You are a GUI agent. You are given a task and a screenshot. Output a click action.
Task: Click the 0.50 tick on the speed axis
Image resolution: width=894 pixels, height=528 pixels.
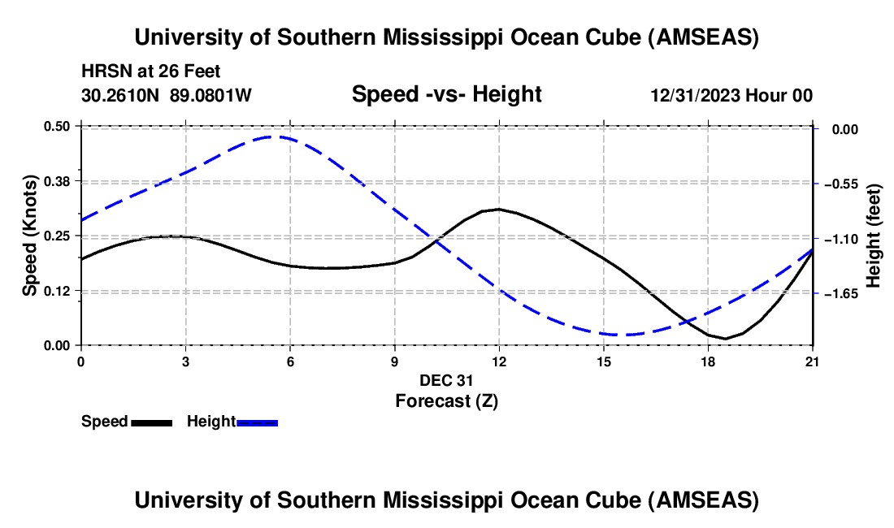pyautogui.click(x=60, y=126)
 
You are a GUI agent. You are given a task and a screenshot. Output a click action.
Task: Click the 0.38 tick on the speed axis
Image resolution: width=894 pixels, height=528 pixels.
pyautogui.click(x=60, y=180)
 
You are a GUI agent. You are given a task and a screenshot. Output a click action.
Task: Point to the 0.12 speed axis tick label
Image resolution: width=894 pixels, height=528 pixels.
pyautogui.click(x=60, y=291)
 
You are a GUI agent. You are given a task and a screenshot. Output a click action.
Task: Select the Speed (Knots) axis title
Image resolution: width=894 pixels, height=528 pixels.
pyautogui.click(x=30, y=236)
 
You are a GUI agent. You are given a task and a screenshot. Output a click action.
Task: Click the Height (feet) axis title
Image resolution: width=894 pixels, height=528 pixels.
pyautogui.click(x=874, y=236)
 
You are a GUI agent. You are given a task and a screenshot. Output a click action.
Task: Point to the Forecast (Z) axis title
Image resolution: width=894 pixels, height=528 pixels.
pyautogui.click(x=446, y=400)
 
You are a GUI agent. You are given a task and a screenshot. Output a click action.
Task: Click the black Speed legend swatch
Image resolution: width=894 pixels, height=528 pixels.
pyautogui.click(x=151, y=422)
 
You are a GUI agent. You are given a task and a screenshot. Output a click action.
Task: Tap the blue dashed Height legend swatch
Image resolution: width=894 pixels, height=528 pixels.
pyautogui.click(x=257, y=422)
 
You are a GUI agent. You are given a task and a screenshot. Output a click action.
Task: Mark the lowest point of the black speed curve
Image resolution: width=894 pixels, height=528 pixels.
pyautogui.click(x=725, y=339)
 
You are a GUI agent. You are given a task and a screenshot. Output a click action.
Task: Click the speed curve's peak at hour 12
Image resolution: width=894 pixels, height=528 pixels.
pyautogui.click(x=498, y=209)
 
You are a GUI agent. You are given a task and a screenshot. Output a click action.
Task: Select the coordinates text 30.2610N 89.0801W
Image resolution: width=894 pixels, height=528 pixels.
pyautogui.click(x=167, y=95)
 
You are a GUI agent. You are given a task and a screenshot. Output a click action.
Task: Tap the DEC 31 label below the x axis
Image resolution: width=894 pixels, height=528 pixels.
pyautogui.click(x=446, y=380)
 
